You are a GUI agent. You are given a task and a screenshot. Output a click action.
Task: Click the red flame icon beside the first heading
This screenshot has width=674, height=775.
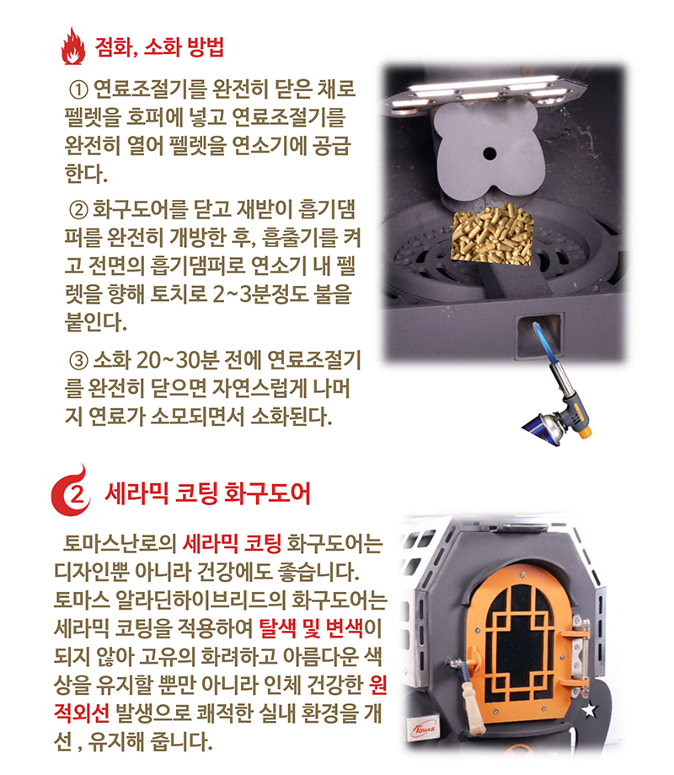(75, 46)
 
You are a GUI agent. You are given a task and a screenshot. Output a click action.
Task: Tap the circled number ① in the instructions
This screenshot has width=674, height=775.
(77, 89)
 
